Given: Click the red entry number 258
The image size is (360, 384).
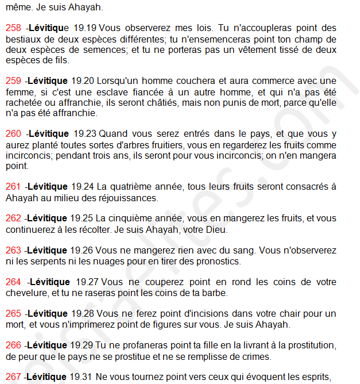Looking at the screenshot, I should click(13, 28).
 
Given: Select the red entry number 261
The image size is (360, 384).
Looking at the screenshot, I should click(13, 187).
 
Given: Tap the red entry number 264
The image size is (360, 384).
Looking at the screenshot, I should click(13, 282).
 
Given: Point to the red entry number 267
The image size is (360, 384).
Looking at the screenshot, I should click(13, 377).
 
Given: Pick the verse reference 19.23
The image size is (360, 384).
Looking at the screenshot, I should click(83, 134).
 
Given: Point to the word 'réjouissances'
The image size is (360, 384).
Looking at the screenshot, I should click(130, 198).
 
